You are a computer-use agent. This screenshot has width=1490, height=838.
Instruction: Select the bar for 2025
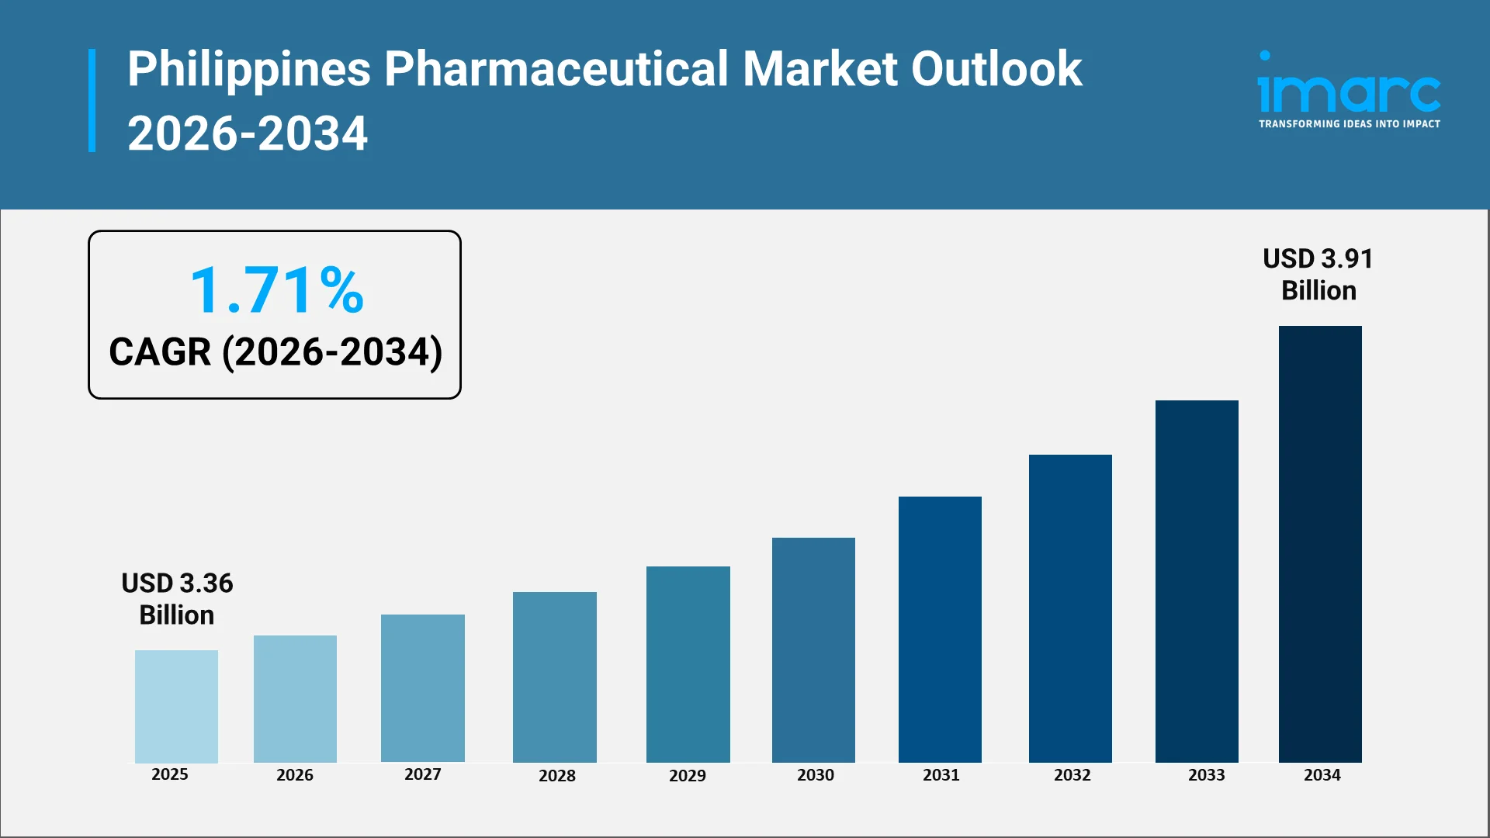176,706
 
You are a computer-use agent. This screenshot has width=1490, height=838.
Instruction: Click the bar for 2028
554,677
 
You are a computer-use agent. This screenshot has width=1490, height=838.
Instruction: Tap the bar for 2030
813,649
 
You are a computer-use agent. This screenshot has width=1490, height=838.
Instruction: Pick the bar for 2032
1070,608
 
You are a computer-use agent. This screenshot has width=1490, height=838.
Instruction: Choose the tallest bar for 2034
1320,543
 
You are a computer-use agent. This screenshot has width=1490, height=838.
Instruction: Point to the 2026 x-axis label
295,774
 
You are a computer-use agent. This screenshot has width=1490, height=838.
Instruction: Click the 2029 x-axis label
688,775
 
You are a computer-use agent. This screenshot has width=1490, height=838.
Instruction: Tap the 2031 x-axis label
941,774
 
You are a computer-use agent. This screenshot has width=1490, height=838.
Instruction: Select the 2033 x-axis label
1206,774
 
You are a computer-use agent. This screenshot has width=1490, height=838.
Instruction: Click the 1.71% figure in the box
276,290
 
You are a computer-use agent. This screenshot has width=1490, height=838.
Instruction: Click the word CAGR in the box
160,352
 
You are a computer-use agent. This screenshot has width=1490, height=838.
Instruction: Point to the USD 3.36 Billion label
177,598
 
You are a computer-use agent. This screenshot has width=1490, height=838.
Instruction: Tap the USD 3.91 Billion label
1318,274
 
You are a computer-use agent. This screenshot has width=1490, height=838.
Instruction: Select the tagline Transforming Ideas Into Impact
1349,124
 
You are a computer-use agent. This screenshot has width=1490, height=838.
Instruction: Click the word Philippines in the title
249,70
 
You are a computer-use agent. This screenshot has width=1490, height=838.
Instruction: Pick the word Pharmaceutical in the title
556,70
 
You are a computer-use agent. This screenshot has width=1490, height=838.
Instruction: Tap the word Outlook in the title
996,70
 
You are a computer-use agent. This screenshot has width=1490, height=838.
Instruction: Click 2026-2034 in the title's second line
248,133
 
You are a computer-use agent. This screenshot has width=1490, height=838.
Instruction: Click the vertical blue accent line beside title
92,100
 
